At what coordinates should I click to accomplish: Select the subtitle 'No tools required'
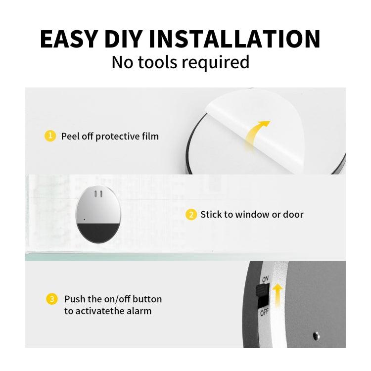[x=180, y=63]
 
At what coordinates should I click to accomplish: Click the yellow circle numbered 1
[x=50, y=136]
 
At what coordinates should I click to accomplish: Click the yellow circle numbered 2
[x=190, y=215]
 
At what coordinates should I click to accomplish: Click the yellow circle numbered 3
[x=51, y=299]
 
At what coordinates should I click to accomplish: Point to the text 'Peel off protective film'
[x=110, y=136]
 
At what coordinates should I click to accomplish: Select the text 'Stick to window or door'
[x=252, y=215]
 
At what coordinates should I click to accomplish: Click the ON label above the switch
[x=265, y=279]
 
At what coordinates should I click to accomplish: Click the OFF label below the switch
[x=265, y=313]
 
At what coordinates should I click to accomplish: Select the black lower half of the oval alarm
[x=96, y=232]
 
